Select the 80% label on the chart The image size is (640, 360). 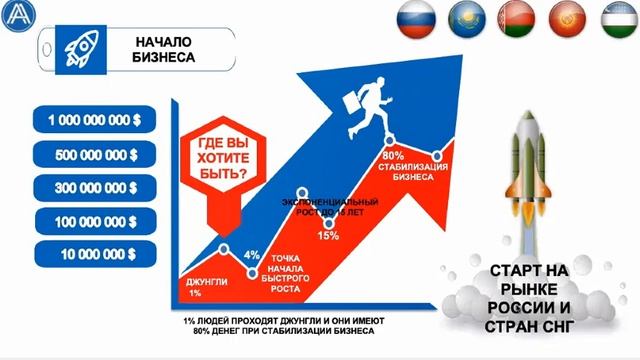point(392,156)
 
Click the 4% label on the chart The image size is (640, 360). point(252,253)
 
